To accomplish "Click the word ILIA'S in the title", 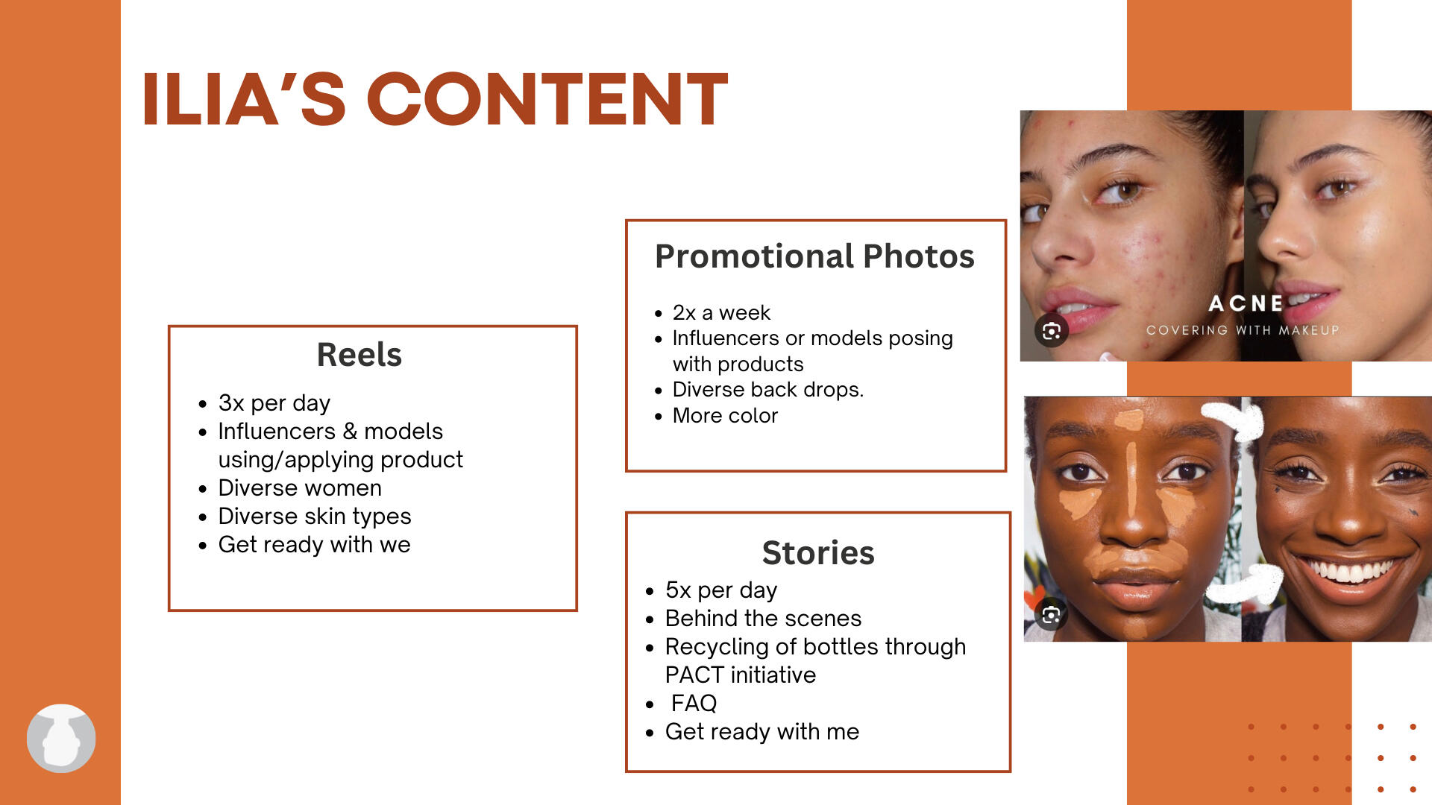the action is tap(243, 98).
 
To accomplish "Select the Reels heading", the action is tap(359, 355).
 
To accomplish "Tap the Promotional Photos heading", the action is tap(814, 256).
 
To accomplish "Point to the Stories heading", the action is tap(818, 553).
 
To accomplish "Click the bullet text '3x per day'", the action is tap(274, 402).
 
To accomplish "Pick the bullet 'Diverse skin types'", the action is tap(314, 516).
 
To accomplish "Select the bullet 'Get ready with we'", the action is tap(314, 544).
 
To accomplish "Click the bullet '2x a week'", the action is tap(721, 312).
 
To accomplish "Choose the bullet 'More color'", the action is tap(725, 415).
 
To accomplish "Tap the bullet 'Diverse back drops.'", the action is tap(767, 389).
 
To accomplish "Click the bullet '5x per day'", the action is tap(721, 590).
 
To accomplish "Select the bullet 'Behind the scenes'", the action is tap(763, 618).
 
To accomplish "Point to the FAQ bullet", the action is tap(694, 703).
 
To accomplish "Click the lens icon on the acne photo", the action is tap(1052, 331).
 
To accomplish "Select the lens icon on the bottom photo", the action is tap(1052, 615).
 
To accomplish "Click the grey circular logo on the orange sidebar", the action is tap(61, 738).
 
